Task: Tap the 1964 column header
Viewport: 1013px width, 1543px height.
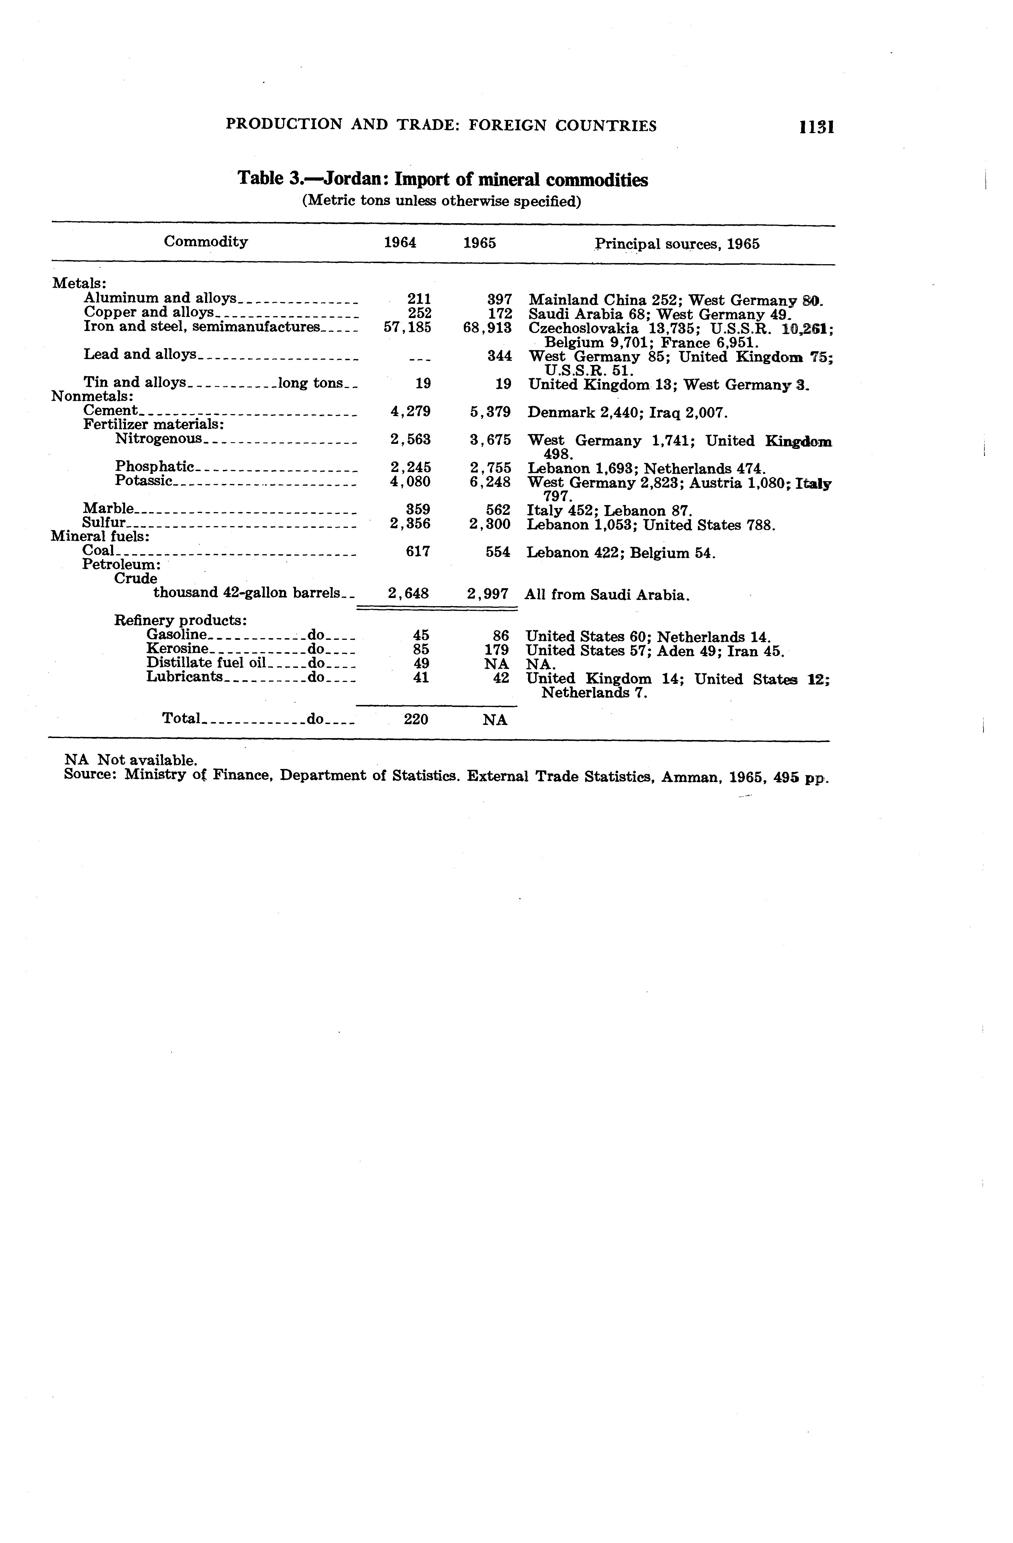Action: point(400,243)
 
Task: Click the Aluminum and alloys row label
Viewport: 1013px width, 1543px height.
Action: point(159,298)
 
